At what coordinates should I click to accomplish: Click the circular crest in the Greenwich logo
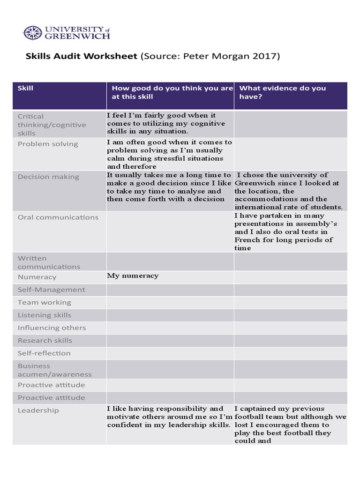(33, 33)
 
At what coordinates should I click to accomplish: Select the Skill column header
(25, 88)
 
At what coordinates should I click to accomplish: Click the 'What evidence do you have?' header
(282, 92)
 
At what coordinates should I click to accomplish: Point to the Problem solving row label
(48, 144)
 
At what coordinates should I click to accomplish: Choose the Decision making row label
(49, 177)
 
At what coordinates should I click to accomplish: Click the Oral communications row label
(58, 217)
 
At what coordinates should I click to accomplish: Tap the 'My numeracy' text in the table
(133, 276)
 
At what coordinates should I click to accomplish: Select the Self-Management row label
(52, 290)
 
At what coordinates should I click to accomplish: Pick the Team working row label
(45, 302)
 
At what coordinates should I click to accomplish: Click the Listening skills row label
(45, 315)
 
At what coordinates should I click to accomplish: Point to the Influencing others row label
(52, 328)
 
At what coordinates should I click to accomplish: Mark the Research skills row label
(45, 340)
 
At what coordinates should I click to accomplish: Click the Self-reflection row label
(44, 353)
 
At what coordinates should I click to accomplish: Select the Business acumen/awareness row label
(54, 370)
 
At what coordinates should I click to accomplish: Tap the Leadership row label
(38, 411)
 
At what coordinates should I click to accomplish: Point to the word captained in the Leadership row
(258, 409)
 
